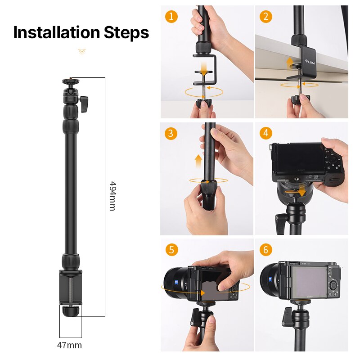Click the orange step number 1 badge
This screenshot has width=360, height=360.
coord(171,17)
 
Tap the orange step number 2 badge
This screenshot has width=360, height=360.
coord(266,17)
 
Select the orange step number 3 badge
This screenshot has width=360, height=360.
coord(171,133)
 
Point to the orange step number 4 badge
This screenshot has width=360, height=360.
coord(266,133)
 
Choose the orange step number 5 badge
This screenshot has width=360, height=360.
coord(171,250)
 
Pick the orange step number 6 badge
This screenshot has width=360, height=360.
coord(266,250)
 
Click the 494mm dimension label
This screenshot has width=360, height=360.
coord(112,196)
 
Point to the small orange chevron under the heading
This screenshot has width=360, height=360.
coord(81,51)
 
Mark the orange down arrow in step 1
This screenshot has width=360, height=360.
coord(204,70)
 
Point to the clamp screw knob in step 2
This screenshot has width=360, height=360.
coord(299,99)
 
